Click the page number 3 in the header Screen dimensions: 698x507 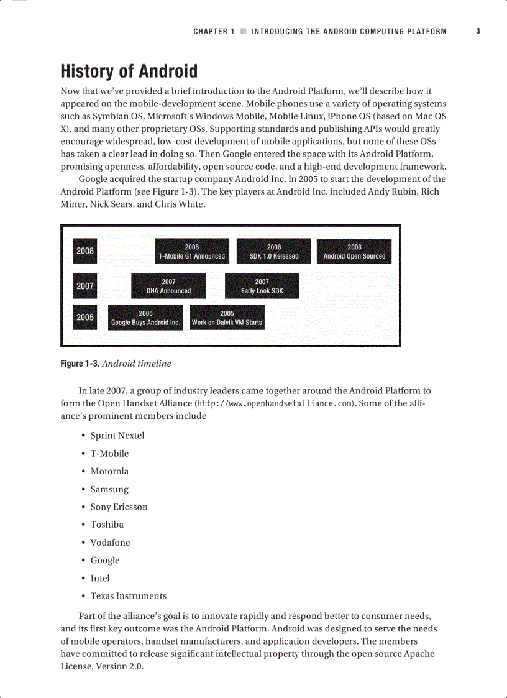point(478,31)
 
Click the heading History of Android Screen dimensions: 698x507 point(129,71)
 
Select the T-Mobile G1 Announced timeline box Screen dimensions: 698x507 point(192,251)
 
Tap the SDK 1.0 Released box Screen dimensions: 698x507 point(274,251)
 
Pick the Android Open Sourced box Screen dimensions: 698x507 point(354,251)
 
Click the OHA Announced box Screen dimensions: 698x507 point(168,286)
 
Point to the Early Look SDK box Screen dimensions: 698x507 point(262,286)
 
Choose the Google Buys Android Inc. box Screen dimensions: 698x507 point(145,318)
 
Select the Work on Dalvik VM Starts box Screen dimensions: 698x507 point(227,318)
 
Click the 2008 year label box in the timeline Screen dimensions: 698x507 point(85,251)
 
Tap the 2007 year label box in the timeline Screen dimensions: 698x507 point(85,286)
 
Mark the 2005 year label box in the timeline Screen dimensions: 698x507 point(85,318)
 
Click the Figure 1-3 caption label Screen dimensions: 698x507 point(80,364)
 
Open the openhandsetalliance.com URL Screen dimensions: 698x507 point(274,403)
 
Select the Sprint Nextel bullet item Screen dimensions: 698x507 point(117,436)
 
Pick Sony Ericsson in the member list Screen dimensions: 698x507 point(119,507)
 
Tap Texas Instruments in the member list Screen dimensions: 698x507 point(129,596)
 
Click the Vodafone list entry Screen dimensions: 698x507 point(111,543)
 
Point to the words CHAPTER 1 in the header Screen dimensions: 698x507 point(214,31)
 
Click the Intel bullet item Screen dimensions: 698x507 point(100,578)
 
